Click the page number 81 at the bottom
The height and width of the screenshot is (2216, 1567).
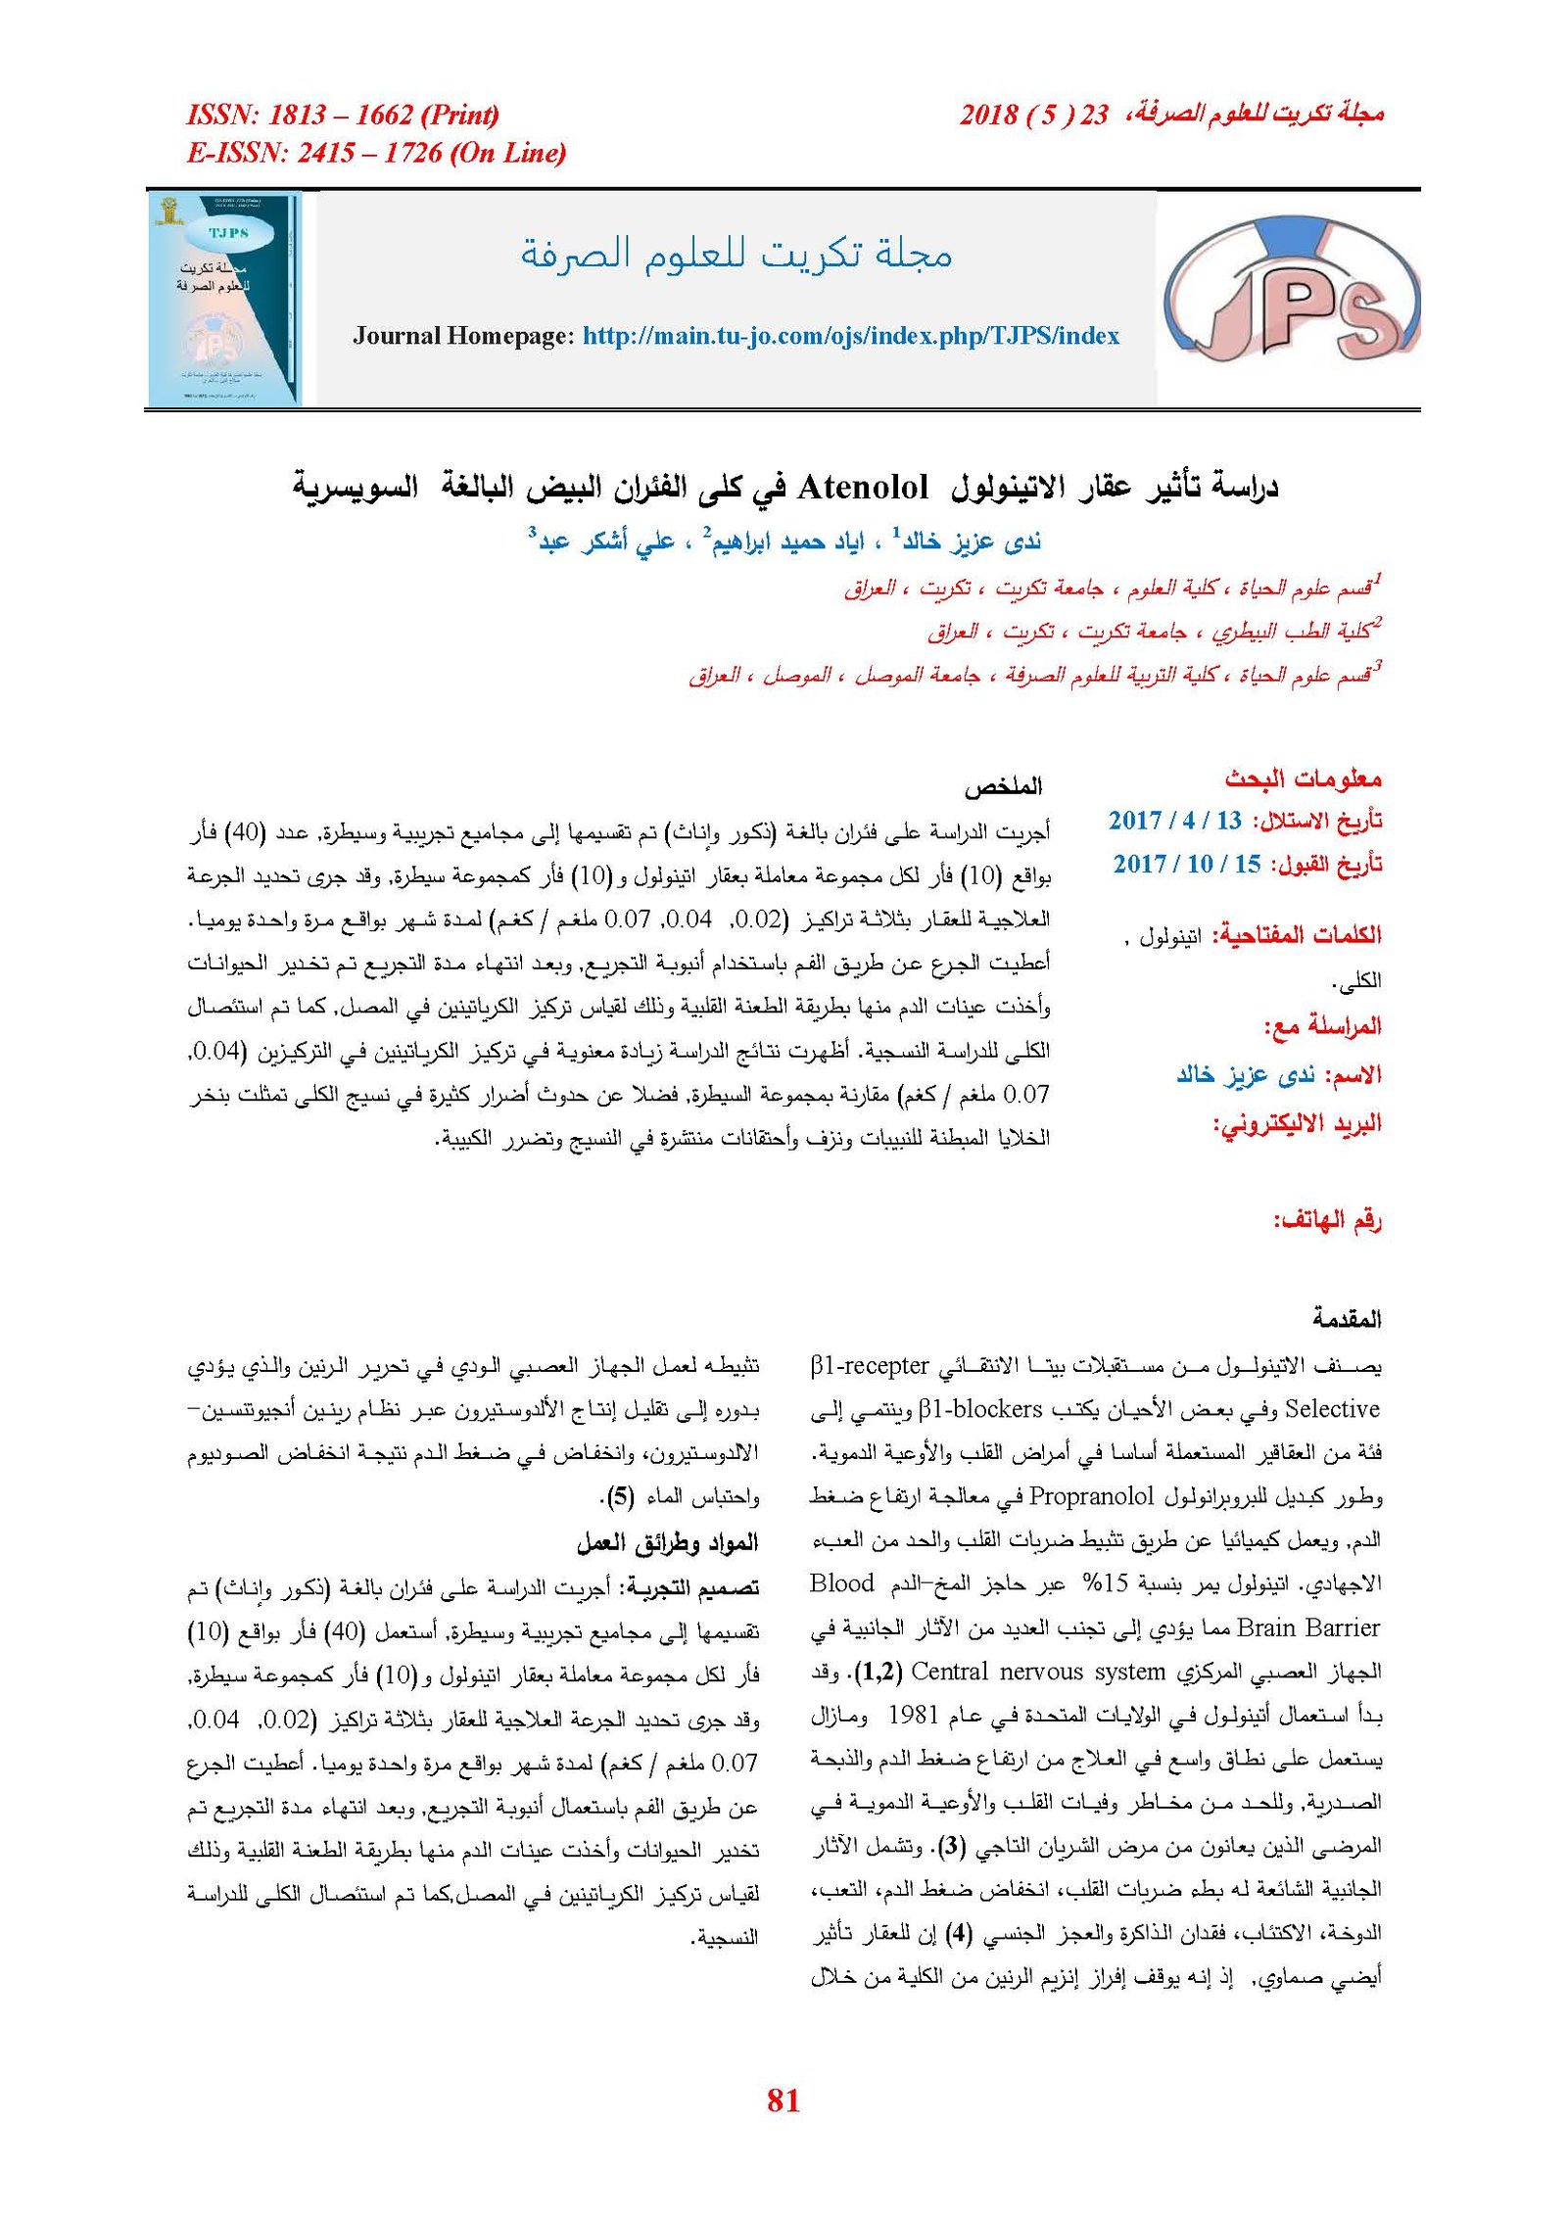[783, 2099]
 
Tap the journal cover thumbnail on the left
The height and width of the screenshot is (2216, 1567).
[224, 298]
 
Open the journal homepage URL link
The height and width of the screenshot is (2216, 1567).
[850, 336]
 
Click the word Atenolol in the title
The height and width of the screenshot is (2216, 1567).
[863, 487]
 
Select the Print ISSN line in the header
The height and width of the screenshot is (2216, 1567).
[343, 115]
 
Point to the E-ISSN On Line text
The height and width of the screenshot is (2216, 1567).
[376, 153]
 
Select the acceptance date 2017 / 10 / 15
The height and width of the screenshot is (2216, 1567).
[1186, 864]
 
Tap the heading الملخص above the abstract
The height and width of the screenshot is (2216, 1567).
[1003, 785]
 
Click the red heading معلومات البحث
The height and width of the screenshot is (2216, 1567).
[1303, 778]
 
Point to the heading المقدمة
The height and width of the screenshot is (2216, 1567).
[1347, 1319]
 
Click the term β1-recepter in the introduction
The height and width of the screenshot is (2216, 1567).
[870, 1365]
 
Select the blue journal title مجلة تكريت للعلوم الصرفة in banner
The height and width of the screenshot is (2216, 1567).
[736, 254]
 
